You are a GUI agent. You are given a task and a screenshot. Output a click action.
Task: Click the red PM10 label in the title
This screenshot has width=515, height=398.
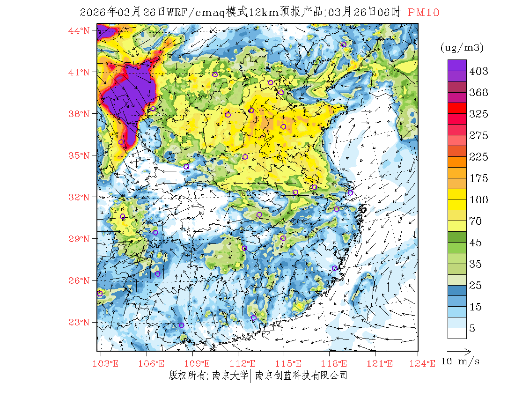(423, 13)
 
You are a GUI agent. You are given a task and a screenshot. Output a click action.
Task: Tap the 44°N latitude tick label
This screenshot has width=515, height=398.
(79, 31)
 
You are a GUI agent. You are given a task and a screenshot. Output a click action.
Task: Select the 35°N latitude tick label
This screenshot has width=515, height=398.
(79, 155)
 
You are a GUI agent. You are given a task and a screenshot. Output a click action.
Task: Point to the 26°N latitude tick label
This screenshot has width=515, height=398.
(79, 280)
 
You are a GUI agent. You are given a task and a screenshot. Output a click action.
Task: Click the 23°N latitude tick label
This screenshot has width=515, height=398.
(79, 322)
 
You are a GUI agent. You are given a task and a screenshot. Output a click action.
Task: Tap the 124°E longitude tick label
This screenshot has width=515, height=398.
(425, 363)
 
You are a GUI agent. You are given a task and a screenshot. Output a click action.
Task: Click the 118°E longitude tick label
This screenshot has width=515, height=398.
(336, 363)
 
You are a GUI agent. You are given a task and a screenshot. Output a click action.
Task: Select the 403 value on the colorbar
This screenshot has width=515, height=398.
(478, 71)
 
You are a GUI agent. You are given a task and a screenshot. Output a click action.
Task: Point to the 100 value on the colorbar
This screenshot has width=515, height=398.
(478, 200)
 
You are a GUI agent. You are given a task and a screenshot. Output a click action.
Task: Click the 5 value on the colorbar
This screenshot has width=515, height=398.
(472, 329)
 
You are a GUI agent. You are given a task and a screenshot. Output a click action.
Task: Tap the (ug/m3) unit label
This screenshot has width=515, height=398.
(462, 47)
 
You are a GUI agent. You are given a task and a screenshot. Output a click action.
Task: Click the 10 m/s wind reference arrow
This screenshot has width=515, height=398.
(459, 350)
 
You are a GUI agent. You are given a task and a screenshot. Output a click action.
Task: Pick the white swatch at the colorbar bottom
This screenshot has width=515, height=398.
(456, 333)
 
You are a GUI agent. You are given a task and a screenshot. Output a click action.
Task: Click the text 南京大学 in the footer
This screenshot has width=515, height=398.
(230, 376)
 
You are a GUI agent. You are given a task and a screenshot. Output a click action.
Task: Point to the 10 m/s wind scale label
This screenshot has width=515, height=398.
(461, 361)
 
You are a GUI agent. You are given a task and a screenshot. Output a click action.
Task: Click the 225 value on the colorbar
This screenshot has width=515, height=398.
(478, 157)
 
